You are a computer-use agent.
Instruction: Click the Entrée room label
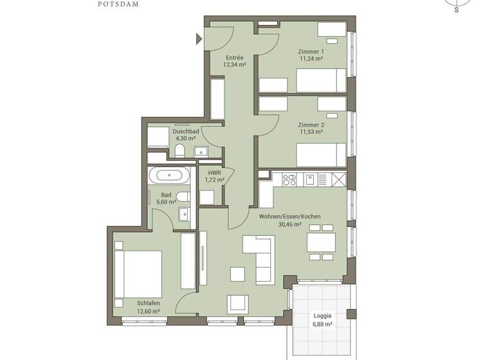tap(233, 57)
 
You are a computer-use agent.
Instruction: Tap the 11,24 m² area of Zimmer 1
tap(311, 59)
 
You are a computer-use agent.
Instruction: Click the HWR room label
tap(214, 173)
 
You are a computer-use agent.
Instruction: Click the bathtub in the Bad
tap(169, 174)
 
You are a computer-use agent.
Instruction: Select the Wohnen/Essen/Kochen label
tap(289, 217)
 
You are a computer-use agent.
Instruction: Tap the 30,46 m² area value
tap(289, 224)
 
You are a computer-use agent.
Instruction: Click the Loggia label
tap(322, 316)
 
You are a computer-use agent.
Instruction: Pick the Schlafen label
tap(148, 303)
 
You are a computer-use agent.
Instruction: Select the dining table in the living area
tap(321, 242)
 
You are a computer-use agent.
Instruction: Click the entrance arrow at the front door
tap(199, 40)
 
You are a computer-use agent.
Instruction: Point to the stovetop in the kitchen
tap(289, 179)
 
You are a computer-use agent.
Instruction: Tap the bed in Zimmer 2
tap(321, 155)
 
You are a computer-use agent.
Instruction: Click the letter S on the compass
tap(457, 10)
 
